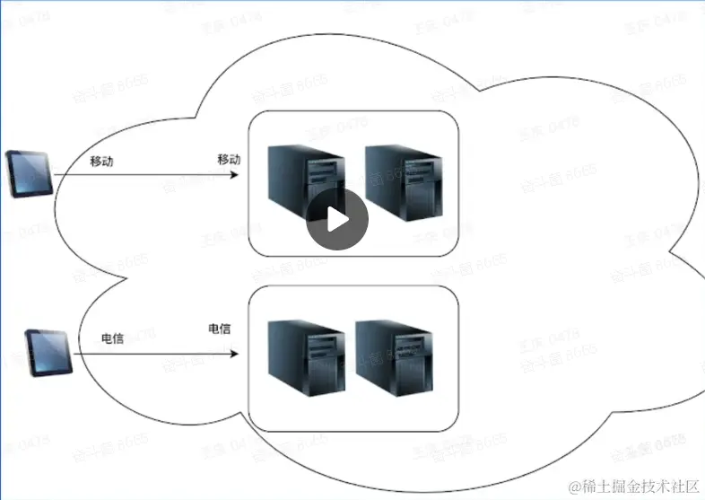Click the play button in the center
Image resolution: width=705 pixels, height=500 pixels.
337,220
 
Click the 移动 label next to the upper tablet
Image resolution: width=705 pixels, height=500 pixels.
101,162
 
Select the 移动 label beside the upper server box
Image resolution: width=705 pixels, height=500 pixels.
230,159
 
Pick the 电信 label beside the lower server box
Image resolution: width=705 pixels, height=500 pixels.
220,329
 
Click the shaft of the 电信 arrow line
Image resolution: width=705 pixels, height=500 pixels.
152,352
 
